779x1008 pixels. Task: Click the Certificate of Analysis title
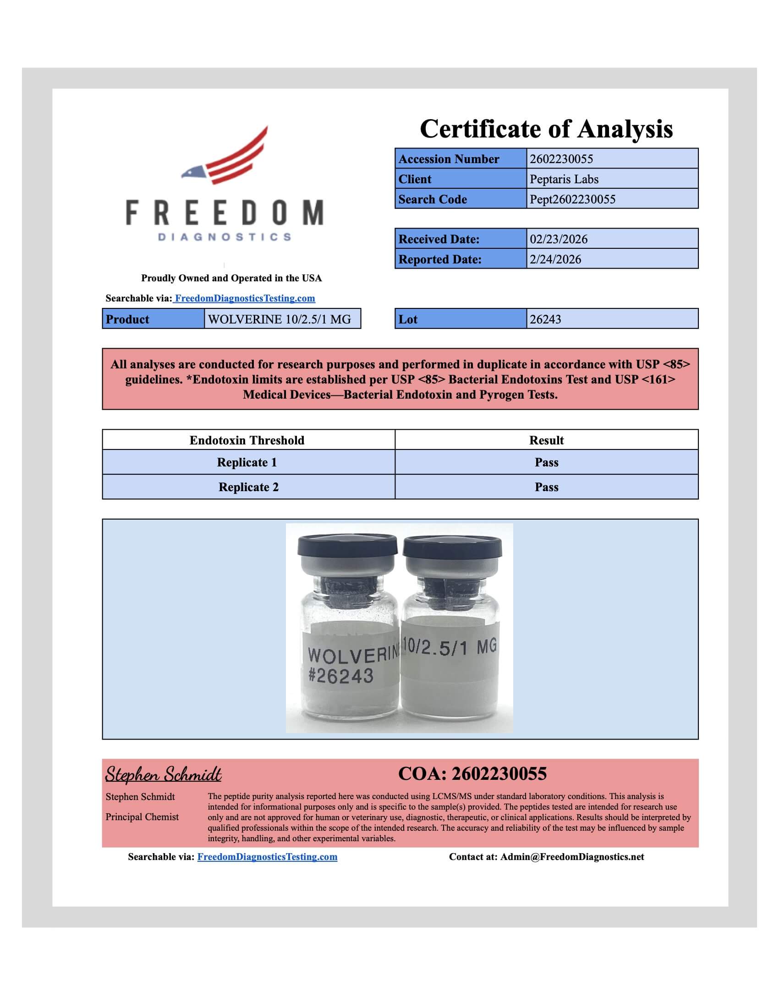point(546,129)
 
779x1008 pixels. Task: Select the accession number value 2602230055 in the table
point(561,159)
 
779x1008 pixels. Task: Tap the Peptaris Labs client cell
point(564,179)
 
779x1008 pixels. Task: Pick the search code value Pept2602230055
point(572,199)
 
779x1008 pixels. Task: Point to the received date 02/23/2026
point(559,239)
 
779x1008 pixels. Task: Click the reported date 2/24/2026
point(555,259)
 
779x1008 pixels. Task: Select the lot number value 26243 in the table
point(545,319)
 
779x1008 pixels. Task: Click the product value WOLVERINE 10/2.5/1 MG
point(279,319)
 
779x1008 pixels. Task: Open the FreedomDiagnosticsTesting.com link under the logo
point(245,298)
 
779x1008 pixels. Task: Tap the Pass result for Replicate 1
point(546,462)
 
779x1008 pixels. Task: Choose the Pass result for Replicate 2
point(546,488)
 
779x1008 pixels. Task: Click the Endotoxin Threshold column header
point(247,440)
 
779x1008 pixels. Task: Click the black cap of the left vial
point(347,546)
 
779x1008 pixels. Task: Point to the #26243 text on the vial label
point(340,676)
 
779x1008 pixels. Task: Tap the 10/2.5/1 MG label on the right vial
point(450,647)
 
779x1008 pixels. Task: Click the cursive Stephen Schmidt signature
point(164,774)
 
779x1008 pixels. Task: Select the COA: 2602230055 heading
point(472,774)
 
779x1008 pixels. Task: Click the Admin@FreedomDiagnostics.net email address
point(572,857)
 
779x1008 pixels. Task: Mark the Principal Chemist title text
point(142,817)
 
